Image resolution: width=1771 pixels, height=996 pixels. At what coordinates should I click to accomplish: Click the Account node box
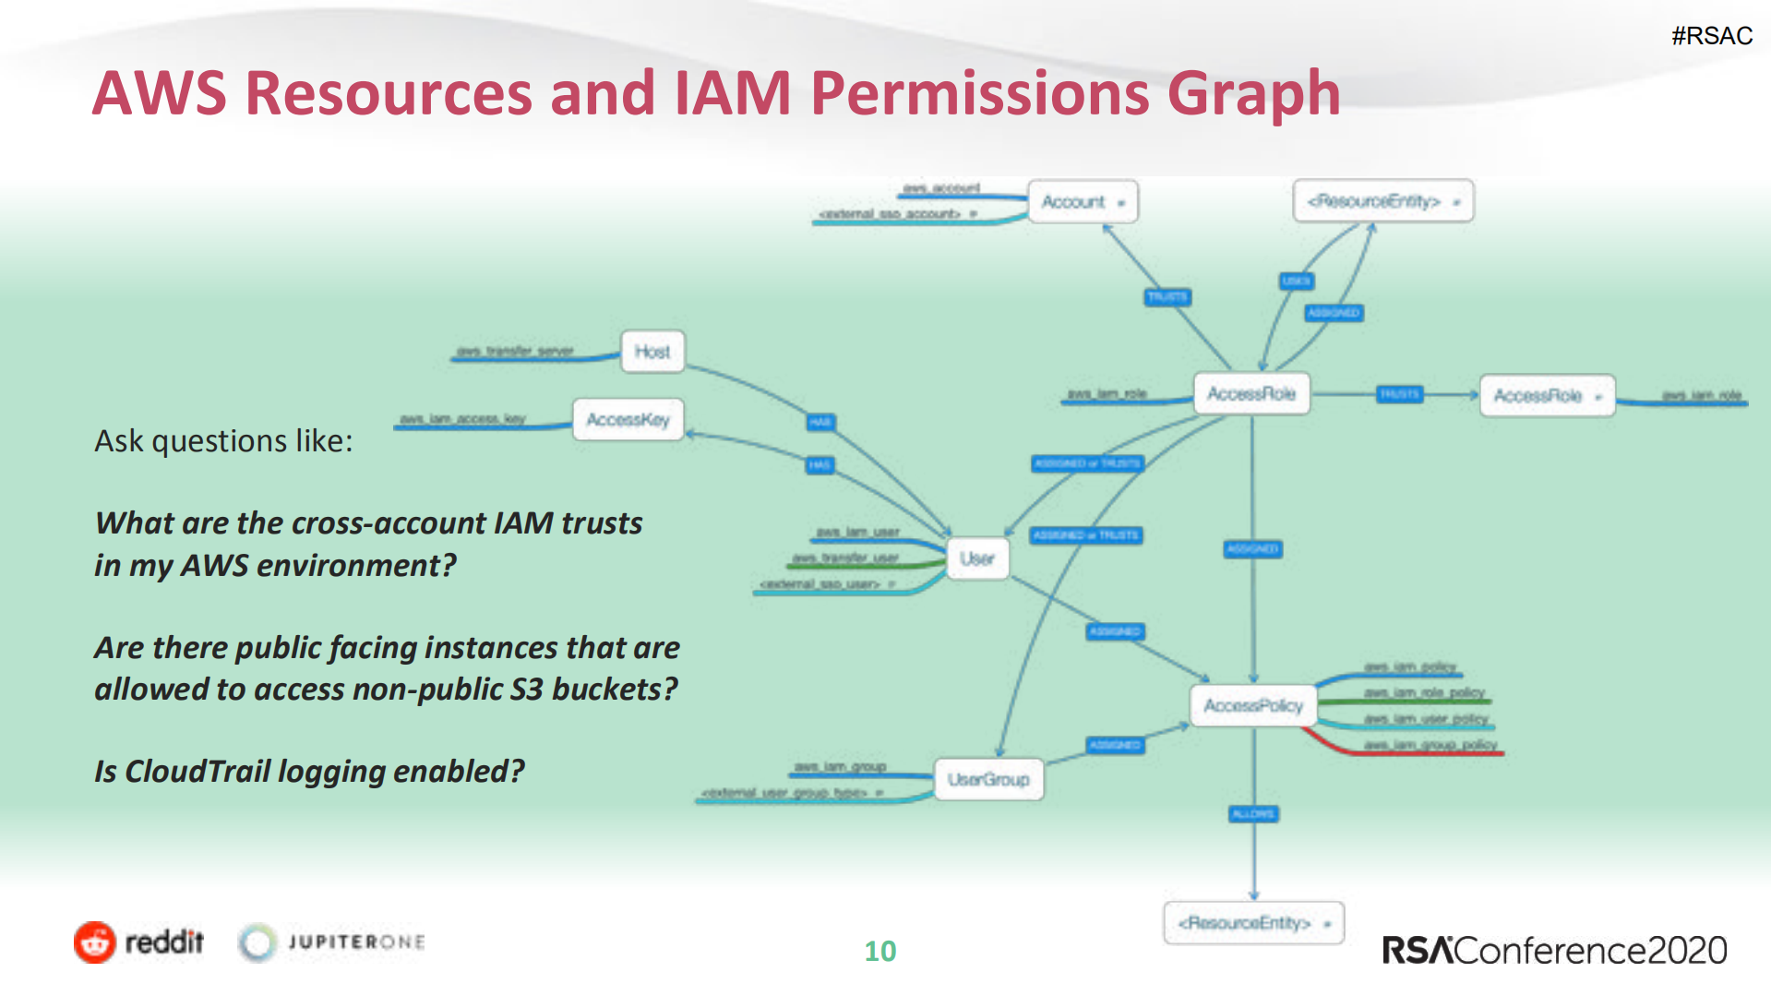point(1083,201)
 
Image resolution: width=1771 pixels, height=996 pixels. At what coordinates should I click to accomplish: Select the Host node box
point(652,352)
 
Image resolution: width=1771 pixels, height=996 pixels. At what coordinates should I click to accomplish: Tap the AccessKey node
point(628,420)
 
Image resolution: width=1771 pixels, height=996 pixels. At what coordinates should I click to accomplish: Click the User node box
point(976,558)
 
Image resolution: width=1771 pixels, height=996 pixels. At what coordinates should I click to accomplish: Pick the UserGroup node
point(987,779)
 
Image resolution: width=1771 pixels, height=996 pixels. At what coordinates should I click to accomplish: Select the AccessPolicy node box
point(1252,705)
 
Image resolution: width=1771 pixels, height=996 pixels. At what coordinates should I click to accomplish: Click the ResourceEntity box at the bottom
point(1252,923)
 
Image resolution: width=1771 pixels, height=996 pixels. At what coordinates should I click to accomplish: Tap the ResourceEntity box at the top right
point(1382,201)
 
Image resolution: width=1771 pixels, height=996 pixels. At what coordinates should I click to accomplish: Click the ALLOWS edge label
point(1252,813)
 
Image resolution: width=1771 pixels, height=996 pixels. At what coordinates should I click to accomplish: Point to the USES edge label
point(1296,281)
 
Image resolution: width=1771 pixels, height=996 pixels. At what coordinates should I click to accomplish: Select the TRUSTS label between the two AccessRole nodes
point(1399,394)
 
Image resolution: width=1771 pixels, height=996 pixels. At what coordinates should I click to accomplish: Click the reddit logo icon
point(95,942)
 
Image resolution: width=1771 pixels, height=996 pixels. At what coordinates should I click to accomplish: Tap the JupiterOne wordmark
point(356,942)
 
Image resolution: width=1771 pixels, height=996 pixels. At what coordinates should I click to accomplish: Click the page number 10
point(880,951)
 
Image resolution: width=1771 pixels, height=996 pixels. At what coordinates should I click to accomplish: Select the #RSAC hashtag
point(1711,36)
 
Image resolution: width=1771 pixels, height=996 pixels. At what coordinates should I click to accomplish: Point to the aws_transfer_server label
point(515,351)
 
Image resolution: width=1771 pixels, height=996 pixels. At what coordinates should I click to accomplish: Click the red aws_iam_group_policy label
point(1430,745)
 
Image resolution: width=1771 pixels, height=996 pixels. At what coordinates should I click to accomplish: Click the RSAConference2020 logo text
point(1554,950)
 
